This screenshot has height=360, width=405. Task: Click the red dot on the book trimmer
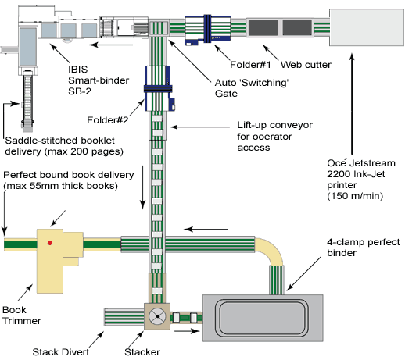pyautogui.click(x=50, y=243)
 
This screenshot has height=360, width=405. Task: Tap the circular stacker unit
pyautogui.click(x=157, y=316)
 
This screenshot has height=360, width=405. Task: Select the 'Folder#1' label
pyautogui.click(x=250, y=65)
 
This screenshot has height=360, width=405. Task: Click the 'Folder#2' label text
pyautogui.click(x=108, y=120)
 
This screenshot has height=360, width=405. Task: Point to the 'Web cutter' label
pyautogui.click(x=306, y=65)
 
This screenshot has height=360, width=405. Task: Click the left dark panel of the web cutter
pyautogui.click(x=263, y=27)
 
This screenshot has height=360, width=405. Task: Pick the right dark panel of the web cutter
pyautogui.click(x=297, y=27)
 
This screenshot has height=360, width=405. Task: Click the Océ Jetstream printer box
pyautogui.click(x=367, y=27)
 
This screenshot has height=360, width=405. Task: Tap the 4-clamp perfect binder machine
pyautogui.click(x=263, y=318)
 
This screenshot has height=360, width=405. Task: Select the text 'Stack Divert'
pyautogui.click(x=61, y=352)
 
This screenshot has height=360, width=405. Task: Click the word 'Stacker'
pyautogui.click(x=142, y=352)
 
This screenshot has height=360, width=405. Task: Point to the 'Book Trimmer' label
pyautogui.click(x=22, y=315)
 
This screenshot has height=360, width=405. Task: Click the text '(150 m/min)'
pyautogui.click(x=355, y=196)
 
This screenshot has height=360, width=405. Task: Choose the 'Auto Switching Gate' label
pyautogui.click(x=252, y=88)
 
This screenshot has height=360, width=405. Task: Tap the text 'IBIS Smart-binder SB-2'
pyautogui.click(x=99, y=80)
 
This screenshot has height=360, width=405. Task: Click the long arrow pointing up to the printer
pyautogui.click(x=352, y=104)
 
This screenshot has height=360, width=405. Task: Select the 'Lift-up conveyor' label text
pyautogui.click(x=274, y=125)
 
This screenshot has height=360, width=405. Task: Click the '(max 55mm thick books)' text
pyautogui.click(x=60, y=186)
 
